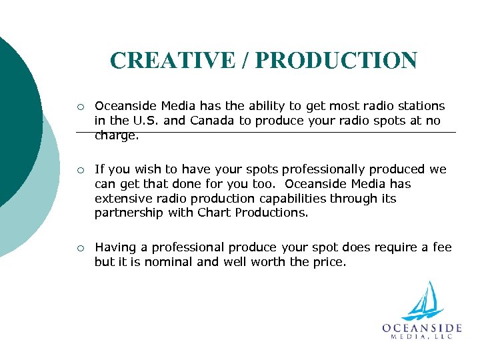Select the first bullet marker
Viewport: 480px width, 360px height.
tap(80, 107)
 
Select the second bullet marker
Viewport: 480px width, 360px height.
tap(80, 170)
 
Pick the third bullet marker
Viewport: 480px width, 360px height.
tap(80, 248)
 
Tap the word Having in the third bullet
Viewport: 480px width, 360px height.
tap(113, 248)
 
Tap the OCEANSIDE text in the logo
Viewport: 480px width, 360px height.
tap(422, 327)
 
